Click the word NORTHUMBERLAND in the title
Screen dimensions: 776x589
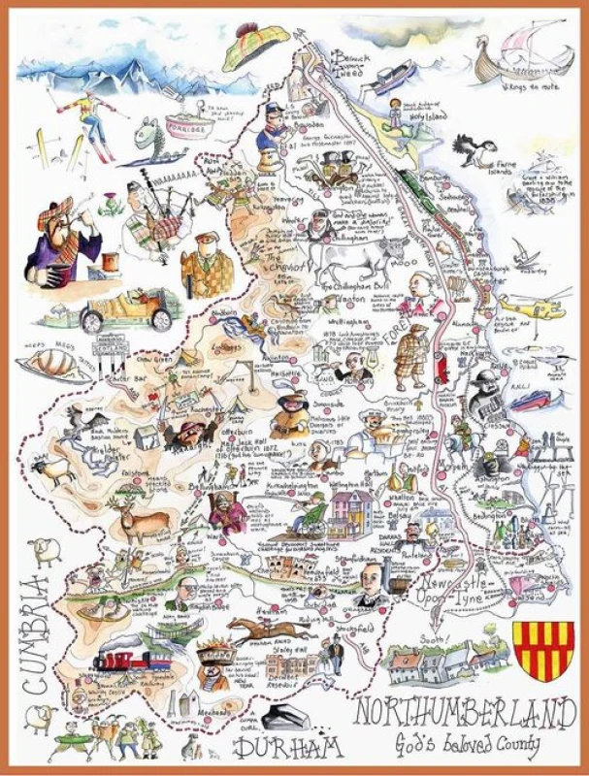[459, 713]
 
